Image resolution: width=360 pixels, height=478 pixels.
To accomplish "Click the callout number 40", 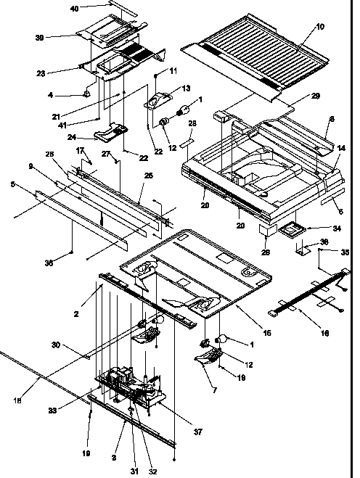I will click(94, 8).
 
